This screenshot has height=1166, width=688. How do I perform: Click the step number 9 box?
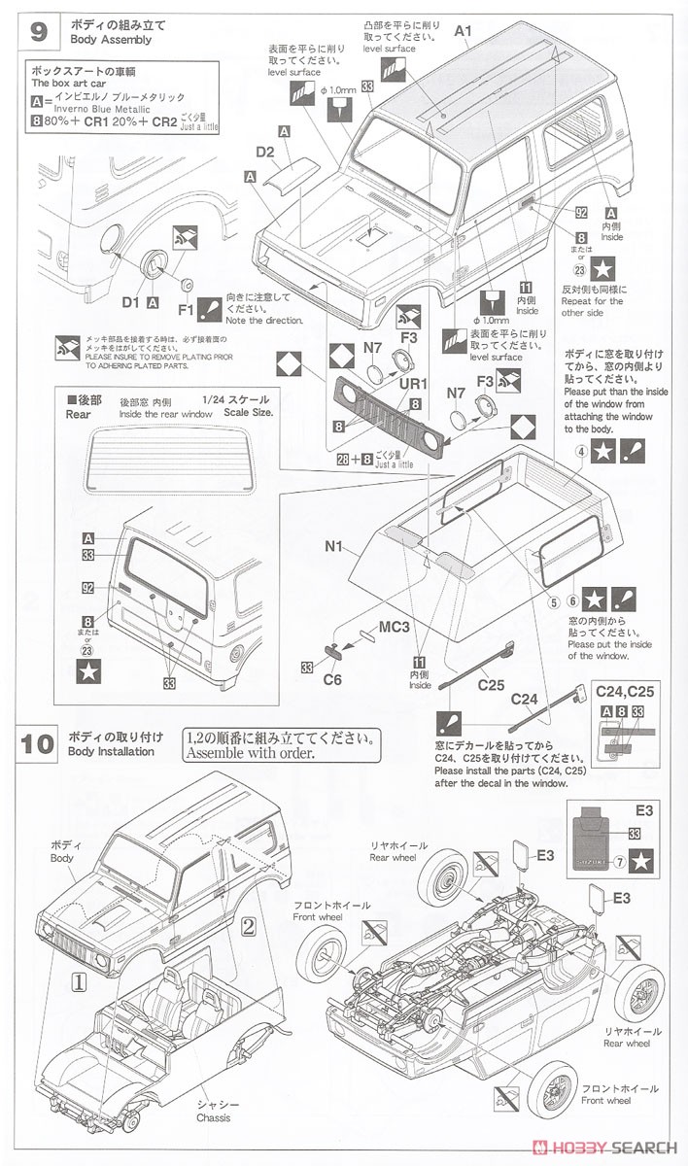(38, 30)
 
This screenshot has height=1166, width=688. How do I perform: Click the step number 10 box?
(38, 744)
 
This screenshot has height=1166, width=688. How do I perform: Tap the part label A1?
(463, 30)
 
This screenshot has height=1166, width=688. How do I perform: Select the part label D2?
(265, 152)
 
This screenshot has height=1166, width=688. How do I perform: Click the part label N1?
(335, 545)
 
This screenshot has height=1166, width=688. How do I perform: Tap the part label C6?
(331, 680)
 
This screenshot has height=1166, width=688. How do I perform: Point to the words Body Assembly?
(110, 40)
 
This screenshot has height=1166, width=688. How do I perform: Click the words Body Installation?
(111, 751)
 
